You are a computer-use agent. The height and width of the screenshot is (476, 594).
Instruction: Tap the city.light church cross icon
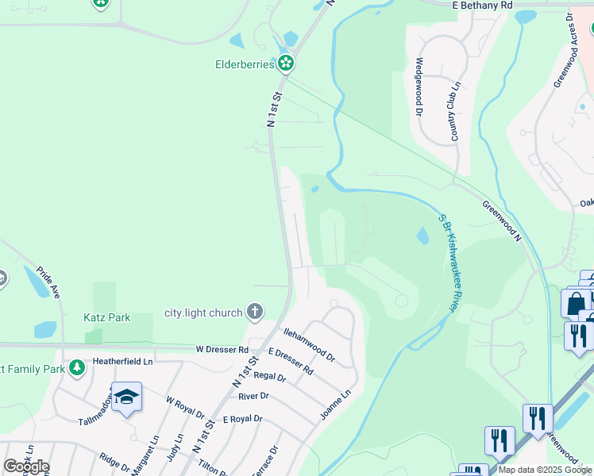[255, 312]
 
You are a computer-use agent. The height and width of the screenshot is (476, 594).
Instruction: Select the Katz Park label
[107, 318]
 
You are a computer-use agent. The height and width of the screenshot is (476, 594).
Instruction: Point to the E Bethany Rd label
[482, 5]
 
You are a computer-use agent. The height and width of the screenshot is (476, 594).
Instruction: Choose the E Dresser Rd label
[291, 361]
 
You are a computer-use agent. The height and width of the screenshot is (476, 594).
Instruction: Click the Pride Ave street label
[48, 282]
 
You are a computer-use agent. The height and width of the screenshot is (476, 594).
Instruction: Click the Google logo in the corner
[26, 466]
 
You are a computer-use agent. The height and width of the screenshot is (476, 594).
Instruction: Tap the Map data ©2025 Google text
[545, 470]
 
